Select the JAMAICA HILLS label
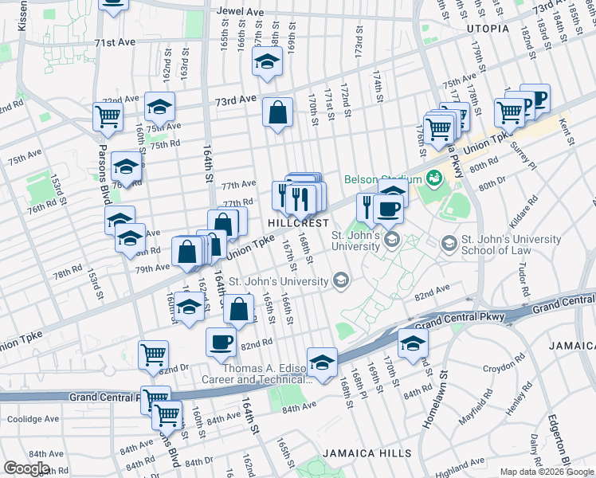367,453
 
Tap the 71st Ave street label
116,43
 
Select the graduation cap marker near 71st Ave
268,61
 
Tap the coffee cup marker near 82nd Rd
222,343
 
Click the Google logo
26,468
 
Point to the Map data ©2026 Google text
547,472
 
